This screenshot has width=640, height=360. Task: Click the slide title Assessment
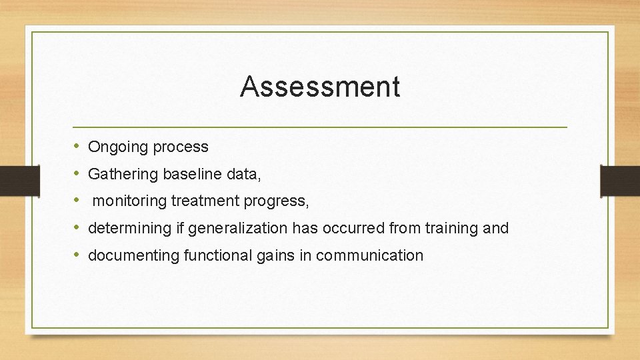pyautogui.click(x=320, y=87)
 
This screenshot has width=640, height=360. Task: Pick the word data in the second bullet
pyautogui.click(x=241, y=175)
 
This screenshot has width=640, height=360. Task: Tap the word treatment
pyautogui.click(x=203, y=201)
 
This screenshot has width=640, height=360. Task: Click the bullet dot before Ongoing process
pyautogui.click(x=77, y=147)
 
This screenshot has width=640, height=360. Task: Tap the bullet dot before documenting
pyautogui.click(x=77, y=255)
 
